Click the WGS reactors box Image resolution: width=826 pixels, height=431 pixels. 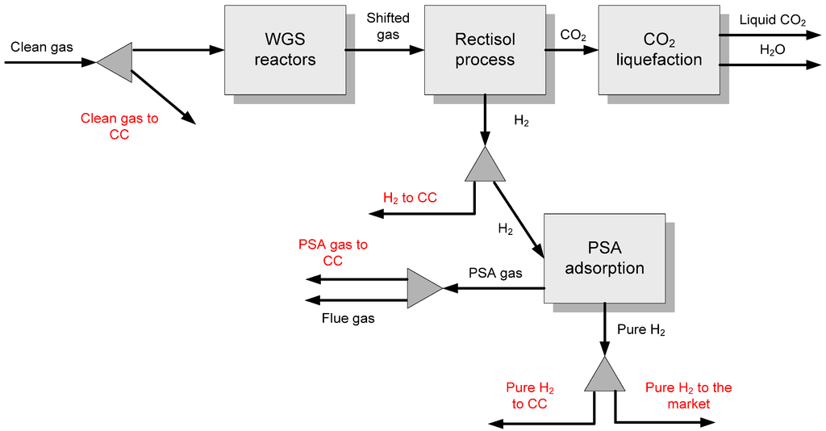(x=285, y=50)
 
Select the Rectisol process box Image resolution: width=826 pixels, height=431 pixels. (x=485, y=50)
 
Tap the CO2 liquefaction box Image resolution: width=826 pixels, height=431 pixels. (x=659, y=50)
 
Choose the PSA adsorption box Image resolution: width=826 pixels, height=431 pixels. (x=605, y=258)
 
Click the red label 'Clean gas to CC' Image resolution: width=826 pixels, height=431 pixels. (x=119, y=127)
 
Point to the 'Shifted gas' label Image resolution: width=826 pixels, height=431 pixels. (x=388, y=27)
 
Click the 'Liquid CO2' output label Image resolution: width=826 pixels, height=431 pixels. (x=773, y=20)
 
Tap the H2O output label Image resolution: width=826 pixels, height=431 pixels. (x=772, y=50)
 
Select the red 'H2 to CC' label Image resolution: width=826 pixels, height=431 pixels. (x=410, y=198)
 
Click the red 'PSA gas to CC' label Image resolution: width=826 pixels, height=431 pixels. (x=333, y=253)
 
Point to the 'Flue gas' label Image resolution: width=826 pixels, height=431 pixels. (x=348, y=318)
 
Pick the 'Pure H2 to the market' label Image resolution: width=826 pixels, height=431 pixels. (x=689, y=395)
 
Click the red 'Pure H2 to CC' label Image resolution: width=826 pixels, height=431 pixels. (x=529, y=395)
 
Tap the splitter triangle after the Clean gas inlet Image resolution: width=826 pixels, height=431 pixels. (x=115, y=62)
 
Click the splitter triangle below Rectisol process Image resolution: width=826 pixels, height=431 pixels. (x=485, y=164)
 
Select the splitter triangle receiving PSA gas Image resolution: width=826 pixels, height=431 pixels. (x=425, y=288)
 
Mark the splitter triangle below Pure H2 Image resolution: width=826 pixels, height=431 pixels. (x=605, y=374)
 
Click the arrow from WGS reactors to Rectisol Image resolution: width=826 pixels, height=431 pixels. (x=385, y=50)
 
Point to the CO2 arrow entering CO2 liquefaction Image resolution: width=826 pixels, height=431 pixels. (x=572, y=50)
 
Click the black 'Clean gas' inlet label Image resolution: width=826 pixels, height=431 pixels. (x=42, y=48)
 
